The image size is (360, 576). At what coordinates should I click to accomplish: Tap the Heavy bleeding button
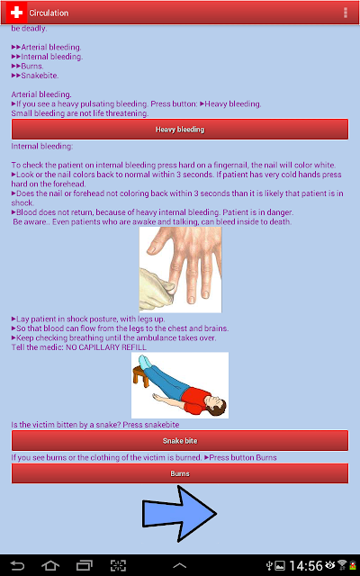[180, 130]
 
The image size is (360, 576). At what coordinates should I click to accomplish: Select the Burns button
[180, 473]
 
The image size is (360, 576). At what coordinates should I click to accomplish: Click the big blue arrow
[179, 514]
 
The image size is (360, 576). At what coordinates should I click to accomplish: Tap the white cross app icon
[16, 13]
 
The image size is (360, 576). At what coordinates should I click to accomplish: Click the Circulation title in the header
[49, 13]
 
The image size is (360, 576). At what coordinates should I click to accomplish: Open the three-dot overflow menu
[346, 13]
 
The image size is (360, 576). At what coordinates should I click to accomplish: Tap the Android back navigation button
[17, 565]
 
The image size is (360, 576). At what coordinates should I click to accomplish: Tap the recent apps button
[84, 565]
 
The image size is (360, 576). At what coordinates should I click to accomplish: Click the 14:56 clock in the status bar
[306, 566]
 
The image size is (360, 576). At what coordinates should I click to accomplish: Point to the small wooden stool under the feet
[141, 376]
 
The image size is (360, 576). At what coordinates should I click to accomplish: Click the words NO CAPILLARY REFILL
[106, 347]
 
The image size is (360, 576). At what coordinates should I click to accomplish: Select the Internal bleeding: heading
[42, 146]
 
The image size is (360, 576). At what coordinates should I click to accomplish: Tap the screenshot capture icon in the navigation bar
[118, 565]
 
